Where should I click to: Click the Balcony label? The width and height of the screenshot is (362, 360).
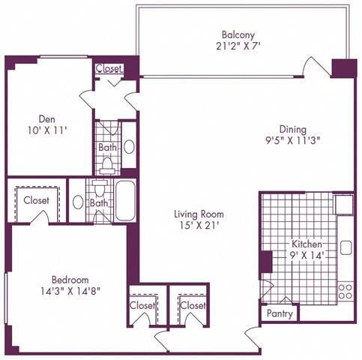238,34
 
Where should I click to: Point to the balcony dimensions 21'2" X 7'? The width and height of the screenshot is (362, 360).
238,45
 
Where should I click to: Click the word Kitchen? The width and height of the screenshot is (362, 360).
307,244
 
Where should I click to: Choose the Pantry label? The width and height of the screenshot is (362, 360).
279,314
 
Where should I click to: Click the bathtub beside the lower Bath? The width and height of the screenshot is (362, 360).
125,200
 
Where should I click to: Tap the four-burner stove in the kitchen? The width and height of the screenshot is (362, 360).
345,290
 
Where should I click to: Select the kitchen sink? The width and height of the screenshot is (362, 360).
346,247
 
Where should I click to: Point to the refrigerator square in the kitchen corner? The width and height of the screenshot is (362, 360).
343,202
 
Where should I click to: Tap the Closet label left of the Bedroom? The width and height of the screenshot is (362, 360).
36,200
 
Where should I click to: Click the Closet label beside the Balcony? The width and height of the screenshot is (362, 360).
109,67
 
